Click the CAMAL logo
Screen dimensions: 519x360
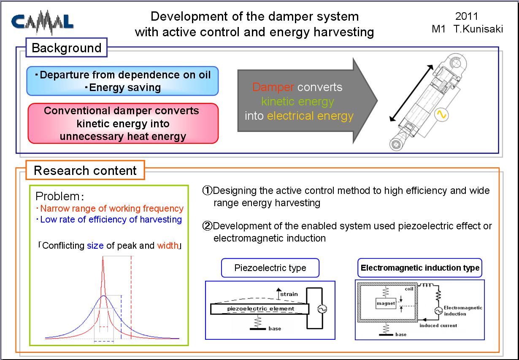tap(42, 22)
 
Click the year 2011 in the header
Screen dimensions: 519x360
tap(467, 16)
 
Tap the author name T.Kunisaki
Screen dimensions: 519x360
tap(478, 29)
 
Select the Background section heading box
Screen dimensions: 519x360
tap(67, 48)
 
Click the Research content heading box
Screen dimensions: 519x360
tap(85, 170)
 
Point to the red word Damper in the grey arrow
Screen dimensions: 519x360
tap(273, 87)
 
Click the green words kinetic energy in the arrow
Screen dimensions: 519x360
tap(298, 102)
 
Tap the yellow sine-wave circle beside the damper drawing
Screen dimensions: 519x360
tap(441, 115)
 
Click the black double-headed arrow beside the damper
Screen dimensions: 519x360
tap(411, 93)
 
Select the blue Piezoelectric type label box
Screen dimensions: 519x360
tap(270, 268)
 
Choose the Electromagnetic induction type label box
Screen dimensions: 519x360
tap(420, 268)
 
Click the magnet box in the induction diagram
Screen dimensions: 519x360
tap(386, 303)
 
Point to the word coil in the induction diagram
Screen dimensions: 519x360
tap(409, 289)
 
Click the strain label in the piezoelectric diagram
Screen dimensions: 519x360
tap(289, 294)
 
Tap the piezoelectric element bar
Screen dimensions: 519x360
tap(260, 309)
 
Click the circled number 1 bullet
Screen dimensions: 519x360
tap(207, 191)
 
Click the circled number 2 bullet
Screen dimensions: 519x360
tap(207, 226)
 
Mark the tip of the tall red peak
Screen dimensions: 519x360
tap(103, 257)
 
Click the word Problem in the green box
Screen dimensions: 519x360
tap(57, 196)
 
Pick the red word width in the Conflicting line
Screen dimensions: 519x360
tap(168, 245)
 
